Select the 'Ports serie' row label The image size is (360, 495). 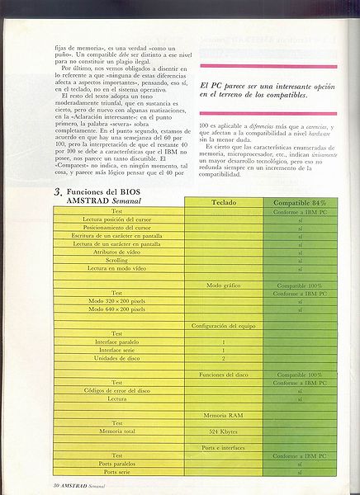(x=116, y=471)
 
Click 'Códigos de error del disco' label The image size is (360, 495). (x=116, y=390)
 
